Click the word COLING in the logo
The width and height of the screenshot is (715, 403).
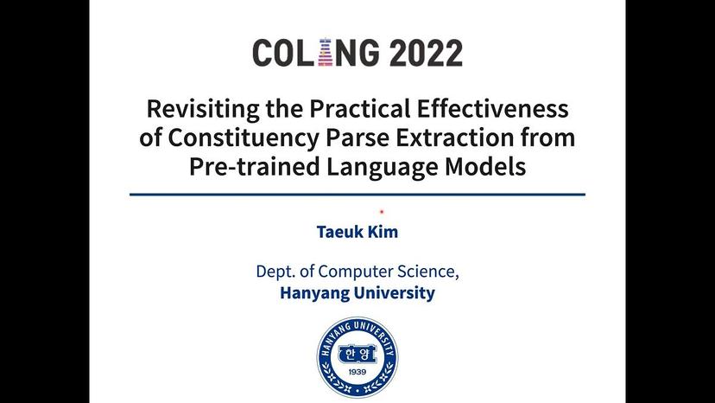point(317,54)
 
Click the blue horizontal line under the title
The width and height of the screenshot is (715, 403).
point(357,195)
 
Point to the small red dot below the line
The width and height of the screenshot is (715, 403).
point(382,211)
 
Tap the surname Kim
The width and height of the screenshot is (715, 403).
point(383,233)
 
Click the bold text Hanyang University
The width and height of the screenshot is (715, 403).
point(357,293)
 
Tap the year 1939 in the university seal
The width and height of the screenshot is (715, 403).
point(357,374)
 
